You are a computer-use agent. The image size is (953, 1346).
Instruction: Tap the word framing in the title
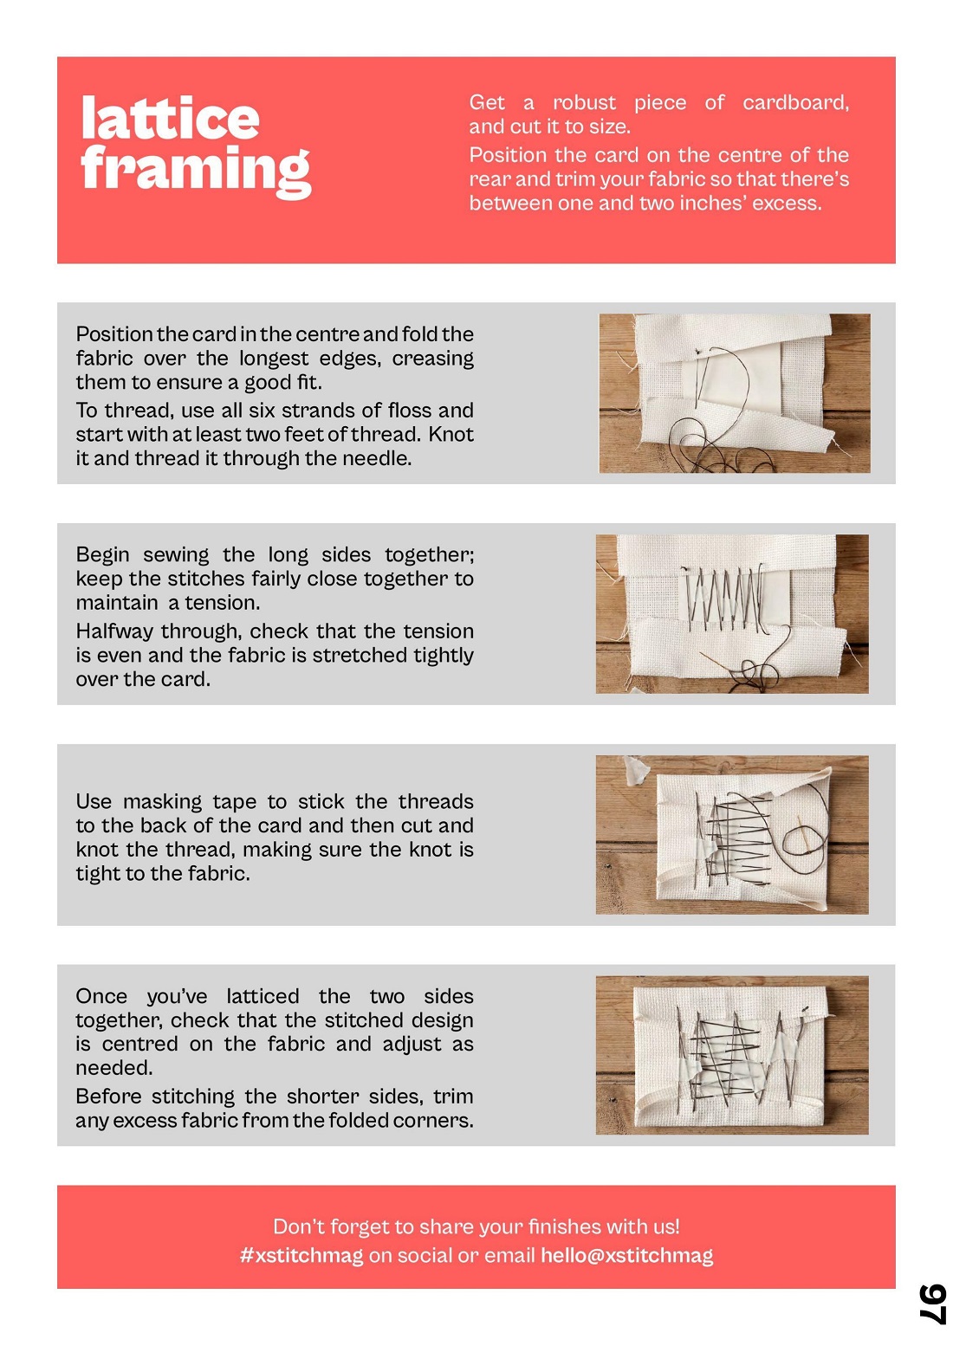pos(195,169)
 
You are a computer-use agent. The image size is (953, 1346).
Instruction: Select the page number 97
pos(932,1304)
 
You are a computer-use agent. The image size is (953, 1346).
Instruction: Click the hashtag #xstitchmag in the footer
pos(301,1256)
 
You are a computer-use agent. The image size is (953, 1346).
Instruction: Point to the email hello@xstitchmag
pos(626,1256)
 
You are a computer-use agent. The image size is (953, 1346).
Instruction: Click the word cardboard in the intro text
pos(795,103)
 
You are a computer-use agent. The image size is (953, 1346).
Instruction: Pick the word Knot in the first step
pos(451,434)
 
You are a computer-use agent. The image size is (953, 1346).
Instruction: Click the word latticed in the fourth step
pos(263,996)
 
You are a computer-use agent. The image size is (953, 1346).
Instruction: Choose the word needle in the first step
pos(379,458)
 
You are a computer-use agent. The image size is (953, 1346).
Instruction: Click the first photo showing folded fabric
pos(734,393)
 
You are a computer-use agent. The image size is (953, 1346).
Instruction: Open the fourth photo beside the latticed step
pos(731,1055)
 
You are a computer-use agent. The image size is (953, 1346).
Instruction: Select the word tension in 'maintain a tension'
pos(222,603)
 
